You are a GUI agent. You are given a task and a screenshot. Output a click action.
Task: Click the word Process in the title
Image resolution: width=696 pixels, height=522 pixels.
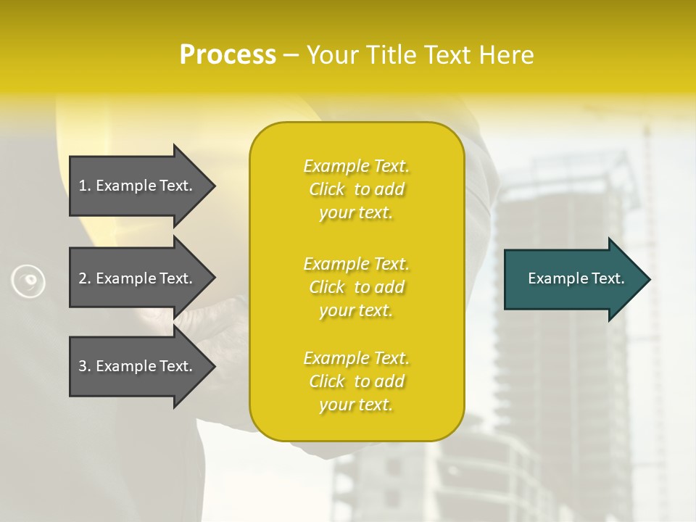[x=228, y=55]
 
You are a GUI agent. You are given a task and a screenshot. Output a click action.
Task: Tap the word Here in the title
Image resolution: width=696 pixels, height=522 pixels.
[x=506, y=55]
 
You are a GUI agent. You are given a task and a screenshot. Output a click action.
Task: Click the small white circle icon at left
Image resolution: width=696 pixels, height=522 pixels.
[x=29, y=281]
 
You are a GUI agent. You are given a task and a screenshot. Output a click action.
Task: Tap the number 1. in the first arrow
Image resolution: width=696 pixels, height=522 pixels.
[x=85, y=186]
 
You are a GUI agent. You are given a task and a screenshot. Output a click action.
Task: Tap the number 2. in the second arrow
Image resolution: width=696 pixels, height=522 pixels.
[x=85, y=278]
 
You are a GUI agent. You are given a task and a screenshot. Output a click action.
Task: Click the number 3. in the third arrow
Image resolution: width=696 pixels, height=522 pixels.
[x=85, y=366]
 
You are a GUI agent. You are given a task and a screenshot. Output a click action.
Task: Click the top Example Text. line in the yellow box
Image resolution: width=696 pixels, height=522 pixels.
[x=356, y=166]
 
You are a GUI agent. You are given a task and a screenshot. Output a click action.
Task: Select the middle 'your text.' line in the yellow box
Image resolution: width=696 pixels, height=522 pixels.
[x=356, y=310]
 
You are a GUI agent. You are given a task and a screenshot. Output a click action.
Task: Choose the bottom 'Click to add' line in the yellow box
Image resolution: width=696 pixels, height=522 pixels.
[x=356, y=381]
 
